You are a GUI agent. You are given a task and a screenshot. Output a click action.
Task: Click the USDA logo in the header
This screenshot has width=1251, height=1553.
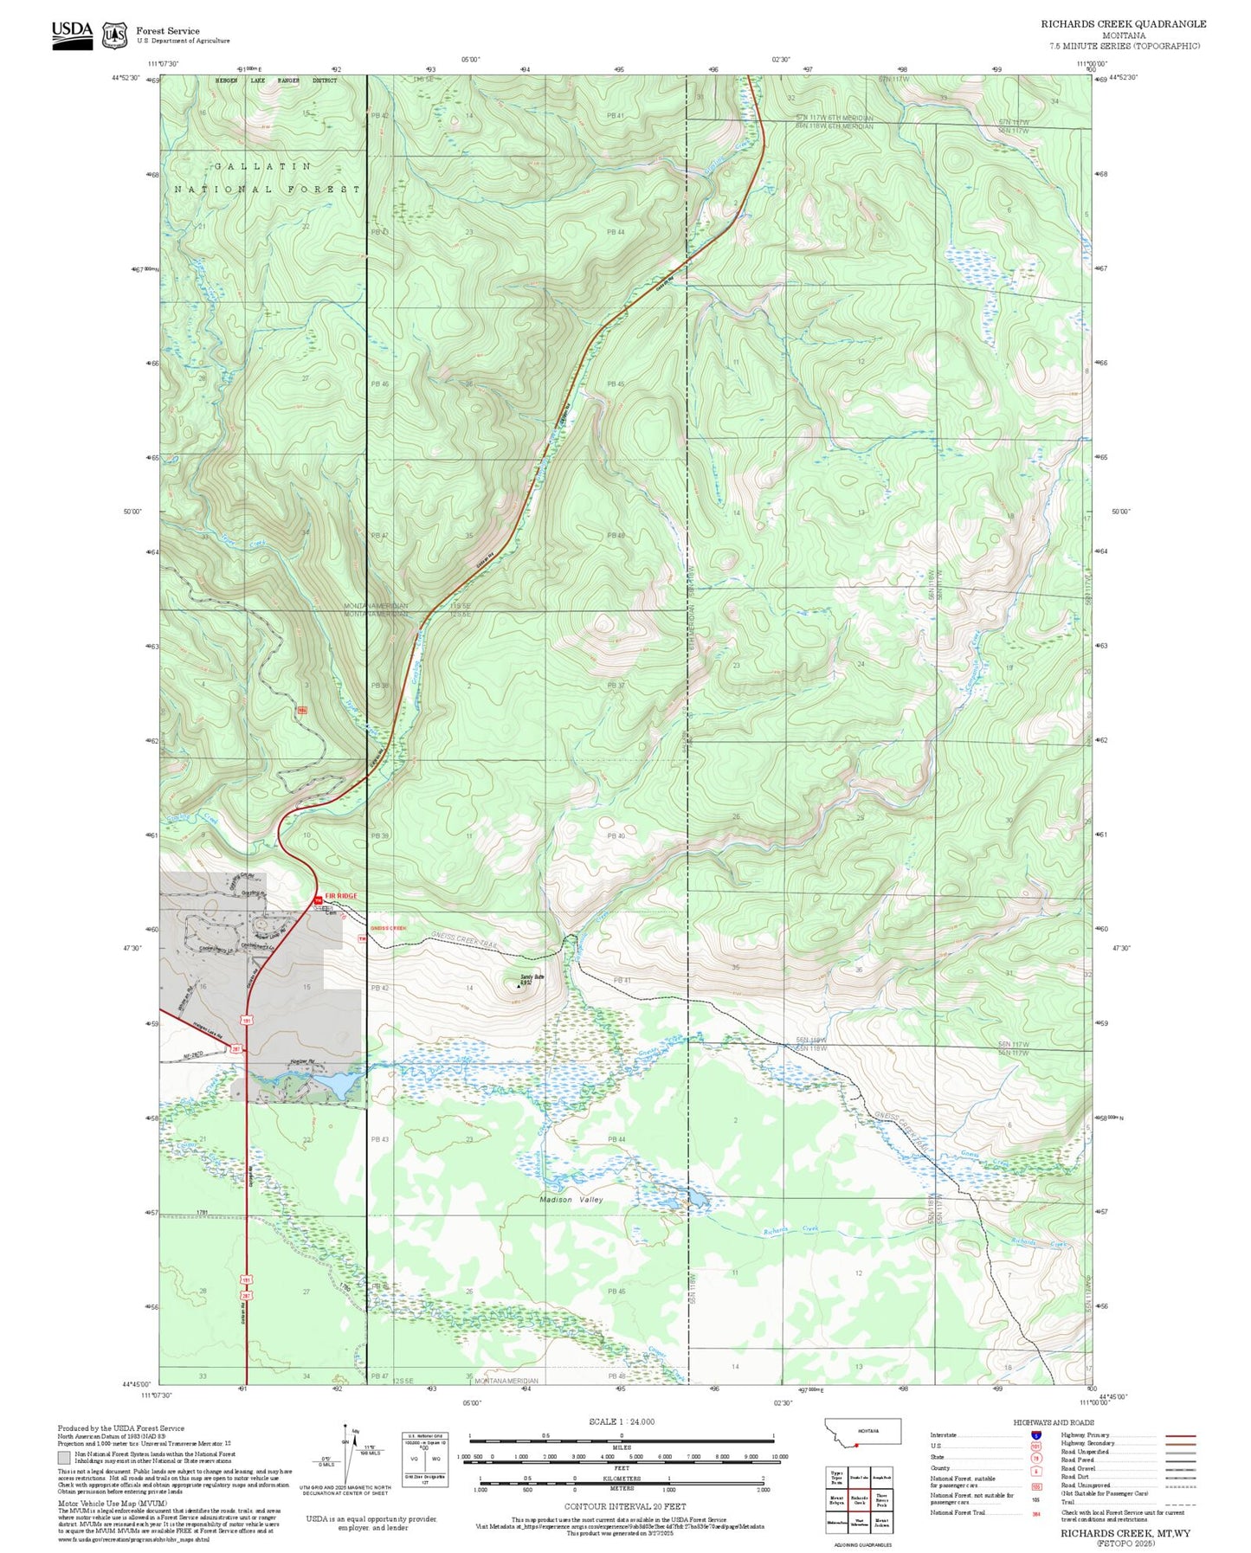pyautogui.click(x=72, y=34)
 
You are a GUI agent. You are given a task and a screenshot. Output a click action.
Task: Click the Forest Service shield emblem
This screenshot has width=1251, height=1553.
pyautogui.click(x=114, y=35)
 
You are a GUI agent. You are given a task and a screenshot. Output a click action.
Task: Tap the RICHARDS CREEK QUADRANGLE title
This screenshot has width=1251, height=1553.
pyautogui.click(x=1123, y=23)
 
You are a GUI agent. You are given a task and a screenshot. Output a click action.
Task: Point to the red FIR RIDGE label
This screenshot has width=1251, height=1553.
pyautogui.click(x=340, y=896)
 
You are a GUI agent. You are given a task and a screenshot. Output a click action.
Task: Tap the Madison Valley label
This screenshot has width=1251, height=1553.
pyautogui.click(x=571, y=1200)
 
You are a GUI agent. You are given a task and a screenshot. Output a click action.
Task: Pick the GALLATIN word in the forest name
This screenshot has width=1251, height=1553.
pyautogui.click(x=262, y=165)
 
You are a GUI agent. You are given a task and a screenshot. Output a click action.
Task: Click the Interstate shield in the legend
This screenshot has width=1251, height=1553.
pyautogui.click(x=1035, y=1434)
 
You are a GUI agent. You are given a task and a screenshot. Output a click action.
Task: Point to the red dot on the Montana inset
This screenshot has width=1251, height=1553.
pyautogui.click(x=856, y=1444)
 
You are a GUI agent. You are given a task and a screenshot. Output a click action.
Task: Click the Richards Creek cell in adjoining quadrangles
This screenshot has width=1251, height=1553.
pyautogui.click(x=859, y=1500)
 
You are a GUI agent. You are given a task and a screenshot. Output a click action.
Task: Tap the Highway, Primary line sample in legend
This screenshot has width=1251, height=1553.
pyautogui.click(x=1180, y=1435)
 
